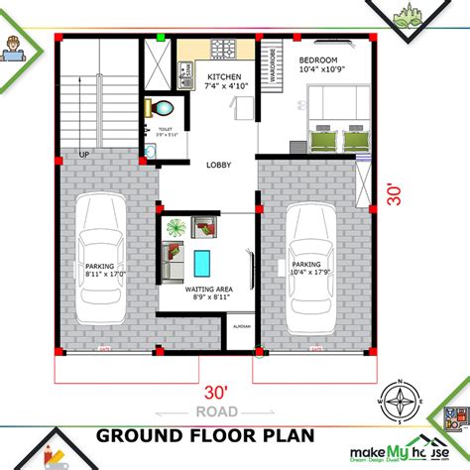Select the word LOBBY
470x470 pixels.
(x=219, y=167)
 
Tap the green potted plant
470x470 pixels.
(x=176, y=227)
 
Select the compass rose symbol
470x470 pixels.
(x=401, y=399)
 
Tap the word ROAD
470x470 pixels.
(x=216, y=411)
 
